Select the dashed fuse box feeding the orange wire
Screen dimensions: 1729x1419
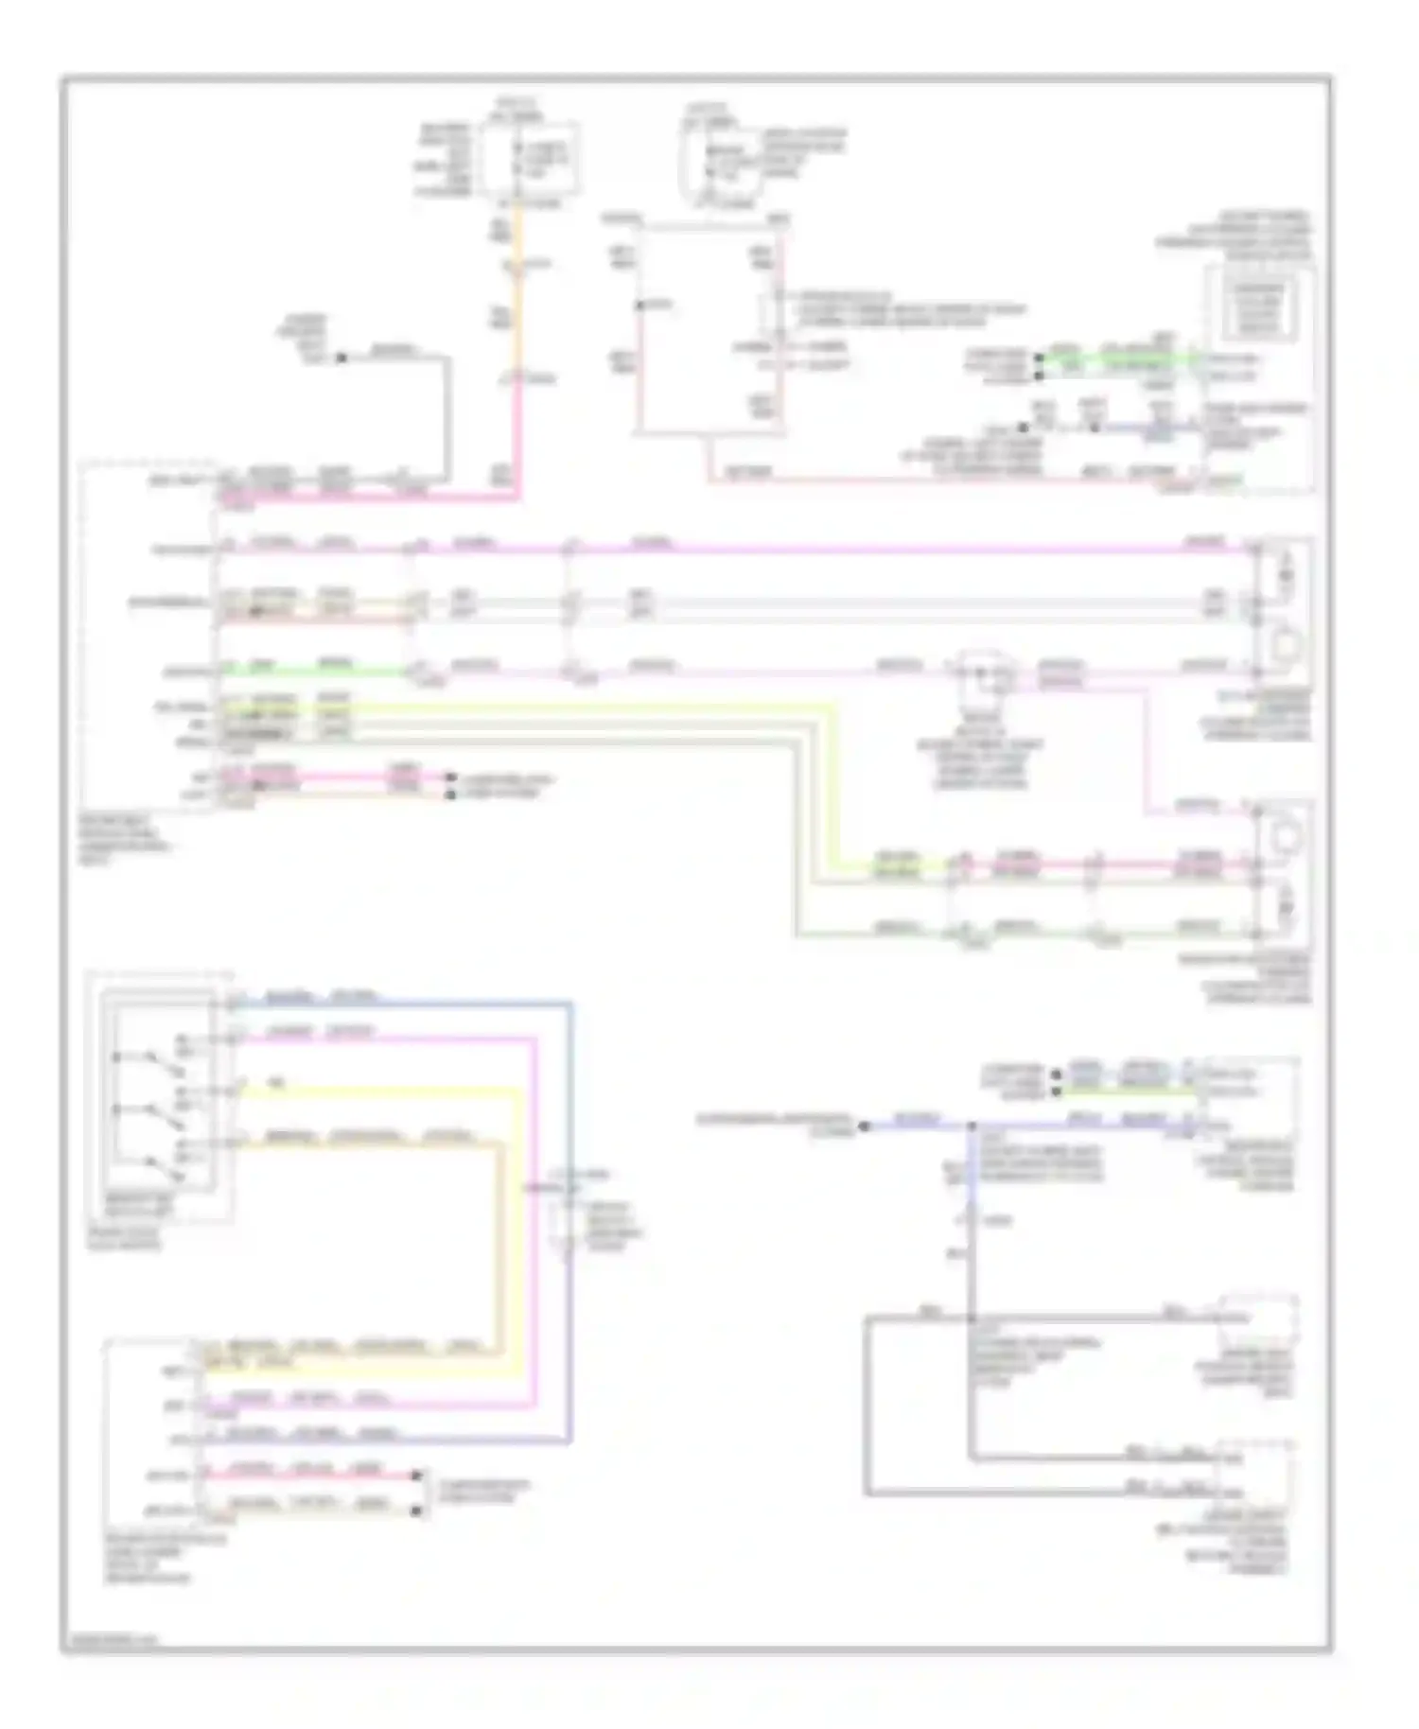pos(528,161)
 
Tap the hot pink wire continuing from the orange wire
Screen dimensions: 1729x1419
pos(517,445)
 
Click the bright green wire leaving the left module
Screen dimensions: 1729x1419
pos(312,672)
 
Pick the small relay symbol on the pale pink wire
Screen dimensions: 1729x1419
pos(984,673)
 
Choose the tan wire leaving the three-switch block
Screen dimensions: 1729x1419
pos(378,1144)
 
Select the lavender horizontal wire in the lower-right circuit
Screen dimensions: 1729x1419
pos(918,1126)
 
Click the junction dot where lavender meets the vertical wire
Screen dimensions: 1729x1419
pos(972,1126)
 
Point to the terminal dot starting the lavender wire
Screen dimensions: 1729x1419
pos(864,1126)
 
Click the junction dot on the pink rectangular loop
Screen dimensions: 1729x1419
pos(639,306)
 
